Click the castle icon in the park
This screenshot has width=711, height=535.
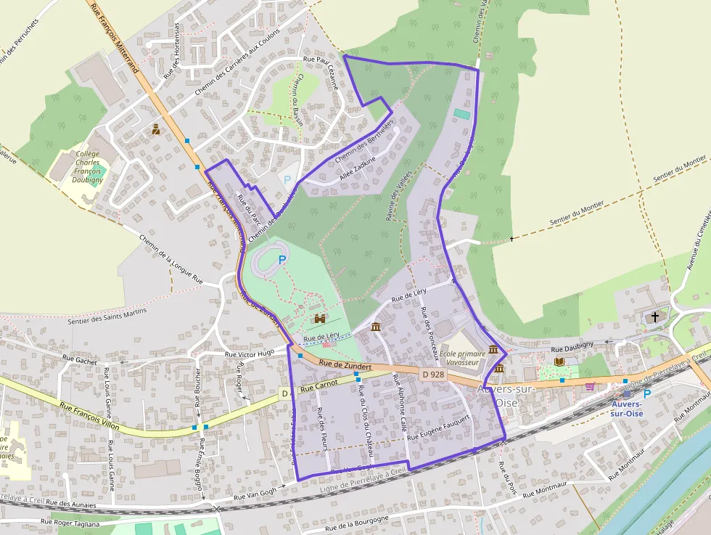318,319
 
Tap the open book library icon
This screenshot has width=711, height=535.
559,362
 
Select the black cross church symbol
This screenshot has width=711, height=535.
655,317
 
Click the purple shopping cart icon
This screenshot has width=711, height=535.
590,385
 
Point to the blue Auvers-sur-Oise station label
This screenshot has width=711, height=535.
627,409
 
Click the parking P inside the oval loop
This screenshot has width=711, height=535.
282,258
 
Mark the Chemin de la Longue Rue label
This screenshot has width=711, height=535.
170,258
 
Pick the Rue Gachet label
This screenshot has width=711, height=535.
80,359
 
